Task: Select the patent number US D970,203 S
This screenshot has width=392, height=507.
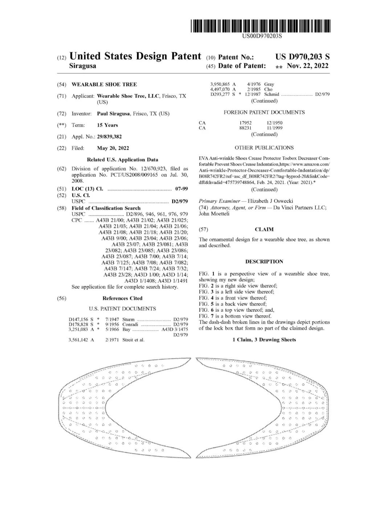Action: point(302,57)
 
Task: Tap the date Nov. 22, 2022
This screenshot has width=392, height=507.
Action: point(307,66)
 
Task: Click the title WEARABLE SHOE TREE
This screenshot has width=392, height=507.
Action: point(104,85)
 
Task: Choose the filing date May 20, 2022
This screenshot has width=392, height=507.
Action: point(113,148)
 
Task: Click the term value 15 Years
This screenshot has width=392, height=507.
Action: point(107,125)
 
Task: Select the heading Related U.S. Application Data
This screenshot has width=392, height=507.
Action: point(122,160)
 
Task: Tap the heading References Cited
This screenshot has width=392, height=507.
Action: point(122,298)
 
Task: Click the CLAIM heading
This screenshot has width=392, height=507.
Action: point(264,229)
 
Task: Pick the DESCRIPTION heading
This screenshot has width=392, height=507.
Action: point(264,261)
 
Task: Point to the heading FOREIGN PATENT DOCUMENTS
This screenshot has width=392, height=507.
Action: point(264,113)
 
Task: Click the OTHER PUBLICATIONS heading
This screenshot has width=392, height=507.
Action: point(264,148)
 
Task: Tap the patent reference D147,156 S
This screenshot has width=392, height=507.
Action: point(81,319)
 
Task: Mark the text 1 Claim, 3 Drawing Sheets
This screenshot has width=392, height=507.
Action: point(264,340)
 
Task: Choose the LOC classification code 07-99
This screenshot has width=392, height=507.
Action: point(181,189)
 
